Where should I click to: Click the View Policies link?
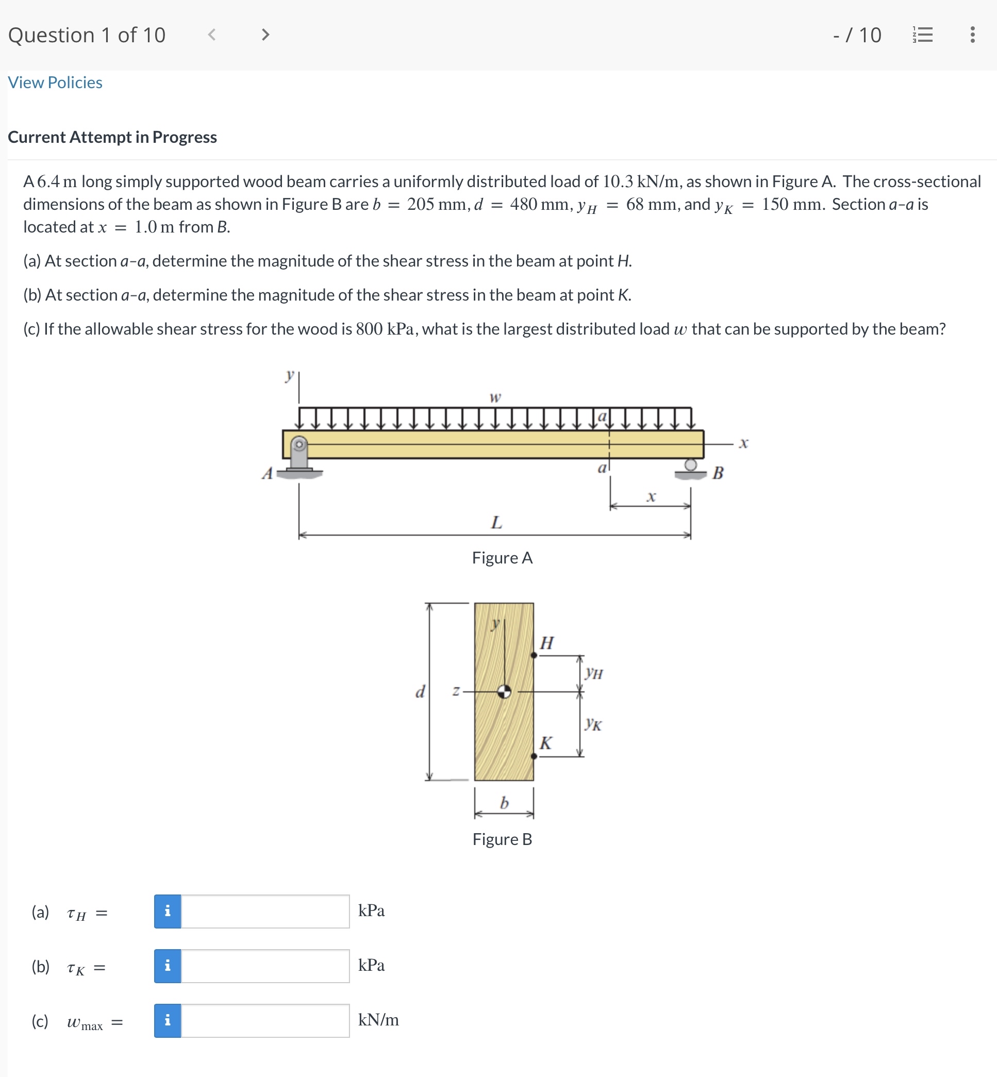pos(55,82)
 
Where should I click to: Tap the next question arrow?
pos(265,35)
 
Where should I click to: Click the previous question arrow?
pos(212,35)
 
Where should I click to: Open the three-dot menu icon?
pos(972,35)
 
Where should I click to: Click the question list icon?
pos(923,35)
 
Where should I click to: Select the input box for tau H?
pos(265,912)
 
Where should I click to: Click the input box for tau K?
pos(265,966)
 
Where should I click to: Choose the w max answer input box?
pos(265,1020)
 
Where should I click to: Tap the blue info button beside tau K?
pos(168,966)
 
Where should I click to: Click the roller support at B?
pos(691,468)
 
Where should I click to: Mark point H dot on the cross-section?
pos(534,655)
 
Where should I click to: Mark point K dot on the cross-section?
pos(534,756)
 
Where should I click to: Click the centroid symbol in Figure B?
pos(504,691)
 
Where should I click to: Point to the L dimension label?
pos(496,522)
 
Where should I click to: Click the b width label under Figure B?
pos(504,803)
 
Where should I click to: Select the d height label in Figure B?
pos(420,691)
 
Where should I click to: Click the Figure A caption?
pos(502,557)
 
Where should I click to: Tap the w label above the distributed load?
pos(495,397)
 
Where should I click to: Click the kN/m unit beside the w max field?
pos(378,1020)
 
